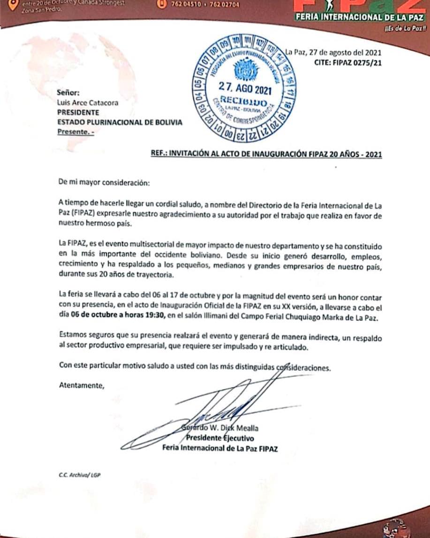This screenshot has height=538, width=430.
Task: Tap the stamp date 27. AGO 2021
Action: point(245,87)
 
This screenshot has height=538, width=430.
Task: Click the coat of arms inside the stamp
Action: point(243,70)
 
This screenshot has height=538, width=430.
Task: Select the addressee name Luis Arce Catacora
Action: point(87,103)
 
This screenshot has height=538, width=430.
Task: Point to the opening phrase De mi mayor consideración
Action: point(104,182)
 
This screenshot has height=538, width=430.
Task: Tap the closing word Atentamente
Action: point(81,386)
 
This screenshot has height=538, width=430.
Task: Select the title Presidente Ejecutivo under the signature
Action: point(220,438)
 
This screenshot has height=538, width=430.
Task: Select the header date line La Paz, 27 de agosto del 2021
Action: point(334,52)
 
